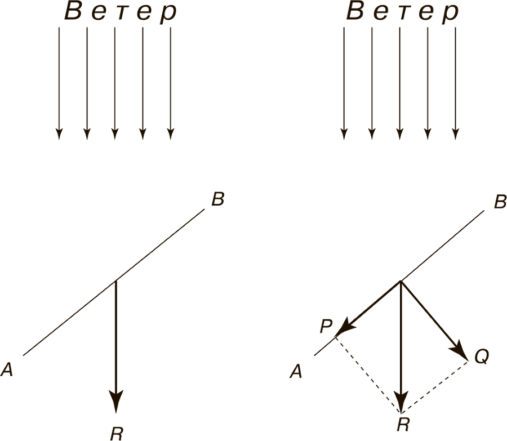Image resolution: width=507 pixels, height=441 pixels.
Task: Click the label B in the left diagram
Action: click(x=218, y=199)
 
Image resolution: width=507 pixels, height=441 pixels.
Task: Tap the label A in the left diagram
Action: click(x=7, y=369)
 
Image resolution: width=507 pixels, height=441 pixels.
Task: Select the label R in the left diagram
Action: click(x=117, y=433)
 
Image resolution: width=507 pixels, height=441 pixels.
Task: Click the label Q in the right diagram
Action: click(x=482, y=357)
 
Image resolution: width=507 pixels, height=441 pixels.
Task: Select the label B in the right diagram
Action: click(x=500, y=202)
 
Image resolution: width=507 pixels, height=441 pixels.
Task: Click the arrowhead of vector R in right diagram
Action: click(x=401, y=403)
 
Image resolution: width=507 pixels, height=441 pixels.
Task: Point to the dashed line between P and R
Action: click(x=367, y=374)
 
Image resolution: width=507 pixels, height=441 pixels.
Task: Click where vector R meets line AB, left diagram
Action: click(x=116, y=280)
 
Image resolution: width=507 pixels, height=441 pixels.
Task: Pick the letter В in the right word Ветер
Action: click(x=355, y=12)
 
